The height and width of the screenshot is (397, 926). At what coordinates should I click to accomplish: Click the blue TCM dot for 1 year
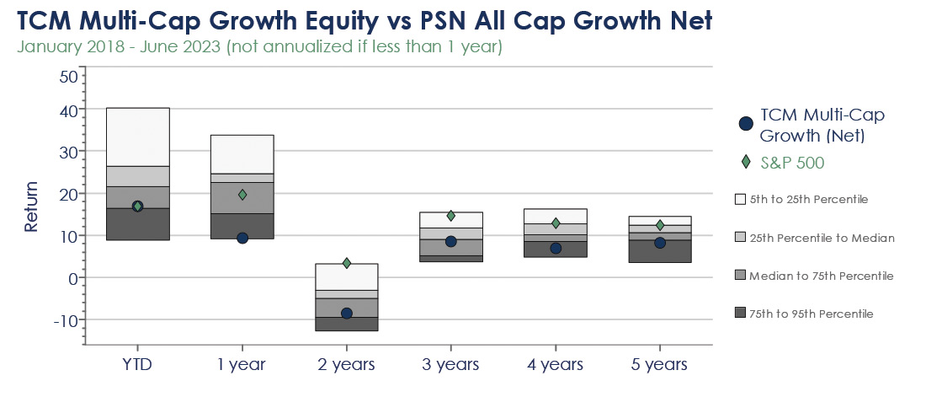242,238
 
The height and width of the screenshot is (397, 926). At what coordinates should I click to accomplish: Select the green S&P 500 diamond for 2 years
347,263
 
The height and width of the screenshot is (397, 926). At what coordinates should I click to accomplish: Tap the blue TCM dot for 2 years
347,313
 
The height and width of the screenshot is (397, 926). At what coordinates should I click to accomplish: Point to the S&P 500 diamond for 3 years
451,216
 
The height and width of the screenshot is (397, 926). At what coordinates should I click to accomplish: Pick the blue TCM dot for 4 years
556,248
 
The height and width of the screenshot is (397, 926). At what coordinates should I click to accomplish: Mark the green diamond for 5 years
660,225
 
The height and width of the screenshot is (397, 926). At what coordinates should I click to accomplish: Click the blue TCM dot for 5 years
660,243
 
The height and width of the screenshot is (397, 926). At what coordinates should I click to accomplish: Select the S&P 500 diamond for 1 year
242,194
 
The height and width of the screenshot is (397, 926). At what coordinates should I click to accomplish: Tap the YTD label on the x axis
137,364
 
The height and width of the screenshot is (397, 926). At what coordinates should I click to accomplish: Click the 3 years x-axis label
450,364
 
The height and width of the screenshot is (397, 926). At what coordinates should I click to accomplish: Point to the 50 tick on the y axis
69,77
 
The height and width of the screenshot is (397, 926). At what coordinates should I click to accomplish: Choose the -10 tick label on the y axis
66,320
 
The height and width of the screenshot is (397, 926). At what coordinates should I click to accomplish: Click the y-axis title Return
30,206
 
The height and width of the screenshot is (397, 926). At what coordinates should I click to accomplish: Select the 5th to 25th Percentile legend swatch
740,200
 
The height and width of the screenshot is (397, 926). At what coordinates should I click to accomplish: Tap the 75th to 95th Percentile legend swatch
740,314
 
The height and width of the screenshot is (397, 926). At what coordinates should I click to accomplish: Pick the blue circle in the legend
746,124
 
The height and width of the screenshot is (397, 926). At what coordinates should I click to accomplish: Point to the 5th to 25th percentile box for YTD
137,137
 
